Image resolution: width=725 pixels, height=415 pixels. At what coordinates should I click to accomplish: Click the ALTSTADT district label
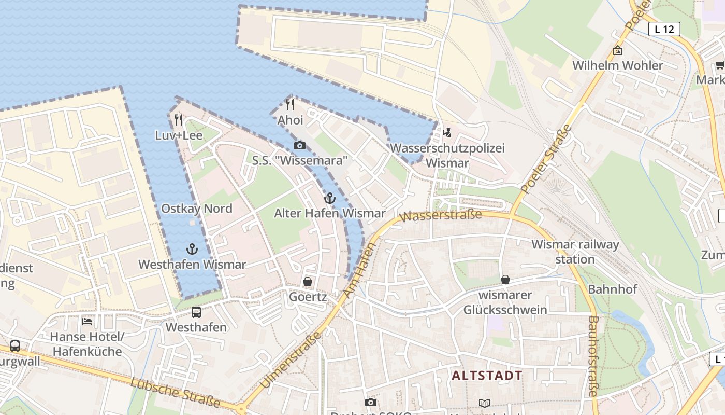coord(487,375)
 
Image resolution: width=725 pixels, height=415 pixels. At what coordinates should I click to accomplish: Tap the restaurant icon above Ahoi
coord(290,105)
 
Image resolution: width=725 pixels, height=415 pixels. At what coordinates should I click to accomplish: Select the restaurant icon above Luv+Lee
coord(179,120)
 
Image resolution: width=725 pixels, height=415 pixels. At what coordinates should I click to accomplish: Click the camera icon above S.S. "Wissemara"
coord(299,145)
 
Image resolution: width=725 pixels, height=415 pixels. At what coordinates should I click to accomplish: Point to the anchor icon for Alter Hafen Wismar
coord(329,198)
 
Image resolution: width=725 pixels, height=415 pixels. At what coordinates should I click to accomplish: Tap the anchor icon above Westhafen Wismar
coord(192,249)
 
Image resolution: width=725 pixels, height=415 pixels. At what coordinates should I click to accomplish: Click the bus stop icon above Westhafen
coord(196,312)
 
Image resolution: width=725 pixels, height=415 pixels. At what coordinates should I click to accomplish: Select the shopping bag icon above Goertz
coord(308,282)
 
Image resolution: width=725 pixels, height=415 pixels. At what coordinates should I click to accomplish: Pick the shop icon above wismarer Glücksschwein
coord(505,280)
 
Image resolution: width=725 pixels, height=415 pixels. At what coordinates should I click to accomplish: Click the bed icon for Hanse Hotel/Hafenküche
coord(87,321)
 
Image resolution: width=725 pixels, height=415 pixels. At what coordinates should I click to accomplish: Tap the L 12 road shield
coord(664,29)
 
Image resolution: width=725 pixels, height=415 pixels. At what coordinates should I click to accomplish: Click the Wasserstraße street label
coord(442,215)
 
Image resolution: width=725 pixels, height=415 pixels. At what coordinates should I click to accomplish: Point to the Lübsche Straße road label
coord(176,392)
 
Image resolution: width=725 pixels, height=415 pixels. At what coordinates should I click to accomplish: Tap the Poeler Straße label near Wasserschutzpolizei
coord(547,159)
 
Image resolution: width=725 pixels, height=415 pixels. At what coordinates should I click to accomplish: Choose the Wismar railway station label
coord(575,252)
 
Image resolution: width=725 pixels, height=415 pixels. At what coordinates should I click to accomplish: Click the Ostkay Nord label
coord(197,209)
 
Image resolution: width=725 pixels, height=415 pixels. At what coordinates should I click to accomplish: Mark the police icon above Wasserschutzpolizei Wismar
coord(447,133)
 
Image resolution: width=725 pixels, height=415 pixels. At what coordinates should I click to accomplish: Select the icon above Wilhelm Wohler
coord(617,50)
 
